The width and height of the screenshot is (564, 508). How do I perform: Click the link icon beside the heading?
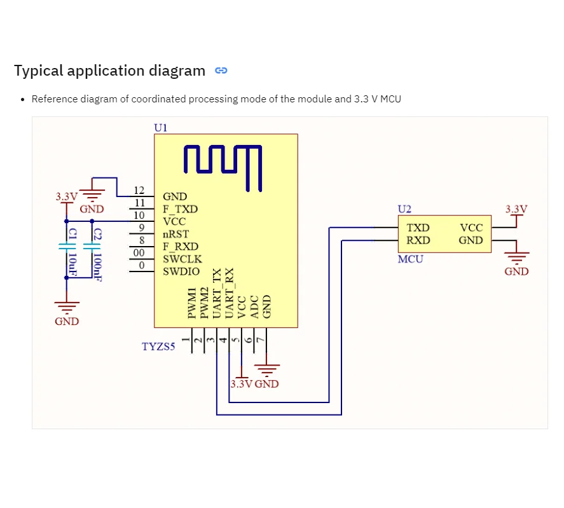point(221,71)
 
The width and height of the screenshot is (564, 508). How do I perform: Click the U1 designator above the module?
point(161,128)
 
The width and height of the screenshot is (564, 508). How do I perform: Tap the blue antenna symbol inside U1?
point(223,166)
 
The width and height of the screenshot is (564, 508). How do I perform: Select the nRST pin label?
point(176,234)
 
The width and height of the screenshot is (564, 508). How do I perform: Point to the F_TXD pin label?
point(180,209)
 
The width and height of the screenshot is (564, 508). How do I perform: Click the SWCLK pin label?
point(182,259)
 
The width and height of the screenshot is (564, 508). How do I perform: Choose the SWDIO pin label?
point(181,271)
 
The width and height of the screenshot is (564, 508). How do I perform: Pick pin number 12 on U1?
point(139,190)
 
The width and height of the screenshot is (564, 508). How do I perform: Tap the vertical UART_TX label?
point(217,293)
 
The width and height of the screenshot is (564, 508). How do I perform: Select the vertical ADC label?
point(254,306)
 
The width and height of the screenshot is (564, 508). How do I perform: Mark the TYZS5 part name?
point(158,347)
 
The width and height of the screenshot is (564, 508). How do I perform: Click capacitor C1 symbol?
point(66,245)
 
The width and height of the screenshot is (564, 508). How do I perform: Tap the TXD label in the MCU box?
point(418,228)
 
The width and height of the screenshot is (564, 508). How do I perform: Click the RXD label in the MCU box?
point(418,240)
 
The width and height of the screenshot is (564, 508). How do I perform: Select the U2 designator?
point(404,209)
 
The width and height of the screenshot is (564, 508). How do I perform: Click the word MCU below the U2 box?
point(410,259)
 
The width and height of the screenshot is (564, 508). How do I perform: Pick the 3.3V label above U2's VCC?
point(516,209)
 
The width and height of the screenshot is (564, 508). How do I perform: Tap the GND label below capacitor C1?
point(67,322)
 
